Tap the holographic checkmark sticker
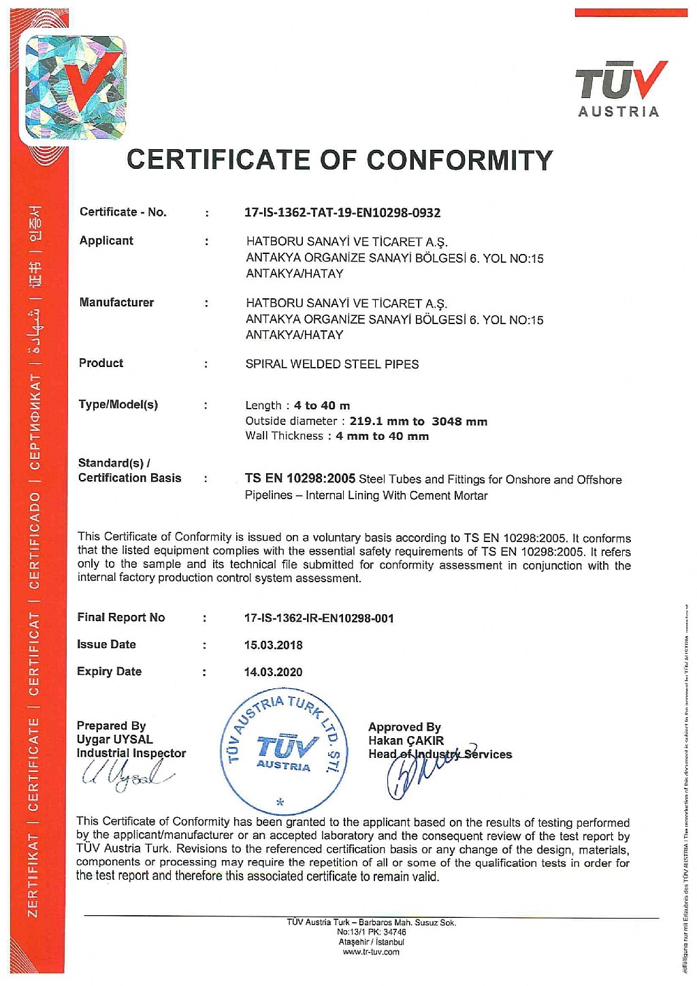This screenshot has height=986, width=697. pyautogui.click(x=75, y=87)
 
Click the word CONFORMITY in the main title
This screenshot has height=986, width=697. pyautogui.click(x=459, y=160)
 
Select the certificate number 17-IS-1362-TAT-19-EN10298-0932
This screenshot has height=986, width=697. pyautogui.click(x=342, y=212)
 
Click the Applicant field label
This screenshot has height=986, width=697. pyautogui.click(x=106, y=240)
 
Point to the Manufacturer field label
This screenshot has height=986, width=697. pyautogui.click(x=116, y=302)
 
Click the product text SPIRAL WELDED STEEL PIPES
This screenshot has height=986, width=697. pyautogui.click(x=332, y=364)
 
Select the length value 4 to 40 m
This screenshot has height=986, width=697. pyautogui.click(x=322, y=406)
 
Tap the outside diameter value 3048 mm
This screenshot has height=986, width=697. pyautogui.click(x=459, y=422)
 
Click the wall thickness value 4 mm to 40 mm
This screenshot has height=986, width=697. pyautogui.click(x=382, y=436)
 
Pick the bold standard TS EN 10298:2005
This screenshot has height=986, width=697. pyautogui.click(x=300, y=479)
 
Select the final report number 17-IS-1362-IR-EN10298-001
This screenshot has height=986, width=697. pyautogui.click(x=319, y=618)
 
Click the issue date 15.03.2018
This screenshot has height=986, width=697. pyautogui.click(x=274, y=645)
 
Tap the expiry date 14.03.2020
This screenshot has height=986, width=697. pyautogui.click(x=274, y=672)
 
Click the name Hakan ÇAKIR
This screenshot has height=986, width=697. pyautogui.click(x=406, y=740)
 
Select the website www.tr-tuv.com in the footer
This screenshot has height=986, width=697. pyautogui.click(x=371, y=952)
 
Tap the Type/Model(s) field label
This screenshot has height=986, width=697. pyautogui.click(x=118, y=404)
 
